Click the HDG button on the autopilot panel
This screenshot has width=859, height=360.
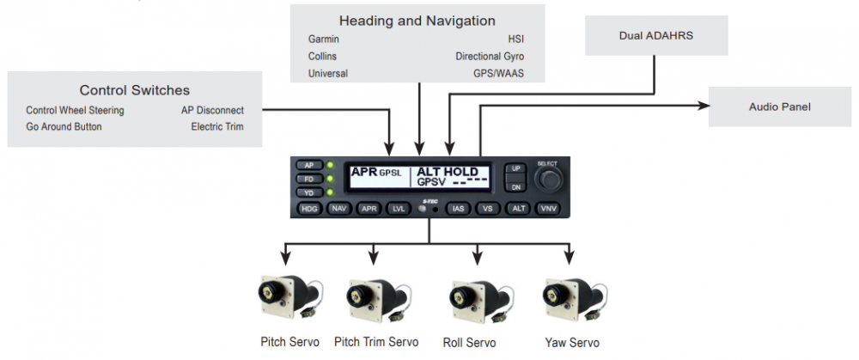(x=308, y=209)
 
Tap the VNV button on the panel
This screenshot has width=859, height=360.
(x=548, y=209)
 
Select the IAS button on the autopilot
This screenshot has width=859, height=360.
(x=458, y=209)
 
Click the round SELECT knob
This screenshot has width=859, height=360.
(x=547, y=179)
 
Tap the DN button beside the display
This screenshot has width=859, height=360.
(x=515, y=186)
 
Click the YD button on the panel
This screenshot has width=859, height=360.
(x=308, y=192)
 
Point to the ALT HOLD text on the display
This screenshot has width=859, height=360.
(x=448, y=173)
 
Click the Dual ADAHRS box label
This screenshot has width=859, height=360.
(x=657, y=36)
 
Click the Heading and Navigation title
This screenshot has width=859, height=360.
(x=417, y=20)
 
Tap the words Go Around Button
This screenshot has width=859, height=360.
(x=64, y=126)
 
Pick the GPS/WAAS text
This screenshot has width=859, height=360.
(x=498, y=74)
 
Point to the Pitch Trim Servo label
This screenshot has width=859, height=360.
(x=376, y=342)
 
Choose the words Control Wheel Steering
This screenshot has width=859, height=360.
(x=75, y=110)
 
